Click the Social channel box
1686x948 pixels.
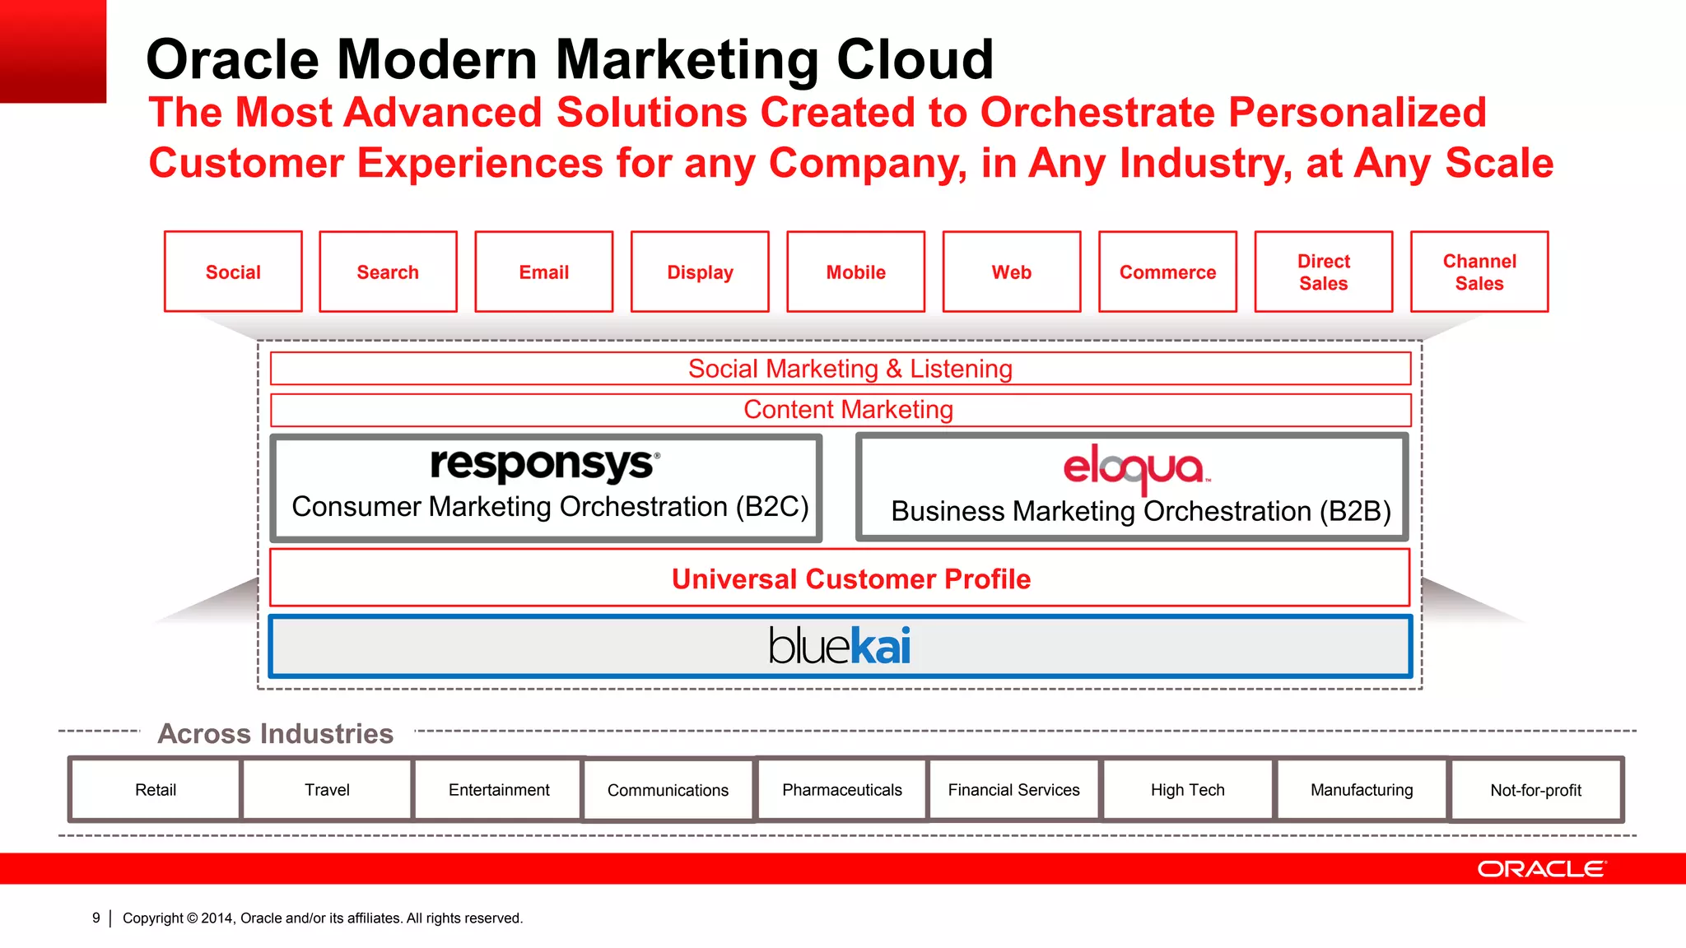[x=233, y=272]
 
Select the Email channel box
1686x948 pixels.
[x=543, y=272]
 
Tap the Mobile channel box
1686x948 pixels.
[x=855, y=272]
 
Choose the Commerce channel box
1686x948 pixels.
[x=1167, y=272]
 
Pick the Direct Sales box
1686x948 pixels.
[x=1323, y=272]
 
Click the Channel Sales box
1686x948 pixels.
[x=1479, y=272]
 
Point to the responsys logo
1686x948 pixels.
[x=544, y=464]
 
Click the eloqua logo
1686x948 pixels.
[x=1135, y=467]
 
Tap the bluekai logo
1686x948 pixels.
[x=840, y=646]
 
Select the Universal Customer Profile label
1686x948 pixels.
[x=850, y=579]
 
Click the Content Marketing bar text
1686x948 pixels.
[x=848, y=410]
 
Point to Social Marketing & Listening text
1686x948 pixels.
[x=850, y=369]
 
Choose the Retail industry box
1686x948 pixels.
[x=156, y=790]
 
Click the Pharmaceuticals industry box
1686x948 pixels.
[x=841, y=790]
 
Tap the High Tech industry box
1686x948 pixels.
[x=1187, y=790]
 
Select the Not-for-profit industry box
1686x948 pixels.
[x=1535, y=790]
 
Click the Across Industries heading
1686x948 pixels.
[x=275, y=733]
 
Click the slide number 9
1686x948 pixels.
[x=96, y=918]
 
